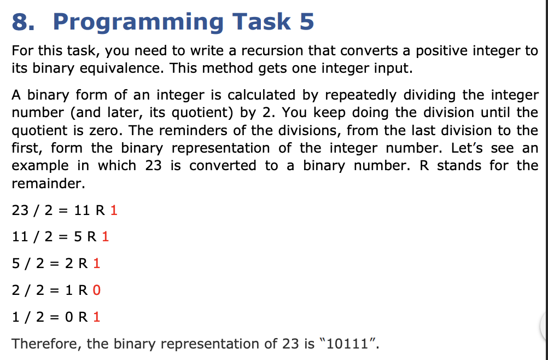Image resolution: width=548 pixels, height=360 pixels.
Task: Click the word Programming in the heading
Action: [138, 22]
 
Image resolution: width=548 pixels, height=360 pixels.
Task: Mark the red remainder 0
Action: [97, 291]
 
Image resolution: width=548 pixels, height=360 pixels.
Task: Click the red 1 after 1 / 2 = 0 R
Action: [97, 317]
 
